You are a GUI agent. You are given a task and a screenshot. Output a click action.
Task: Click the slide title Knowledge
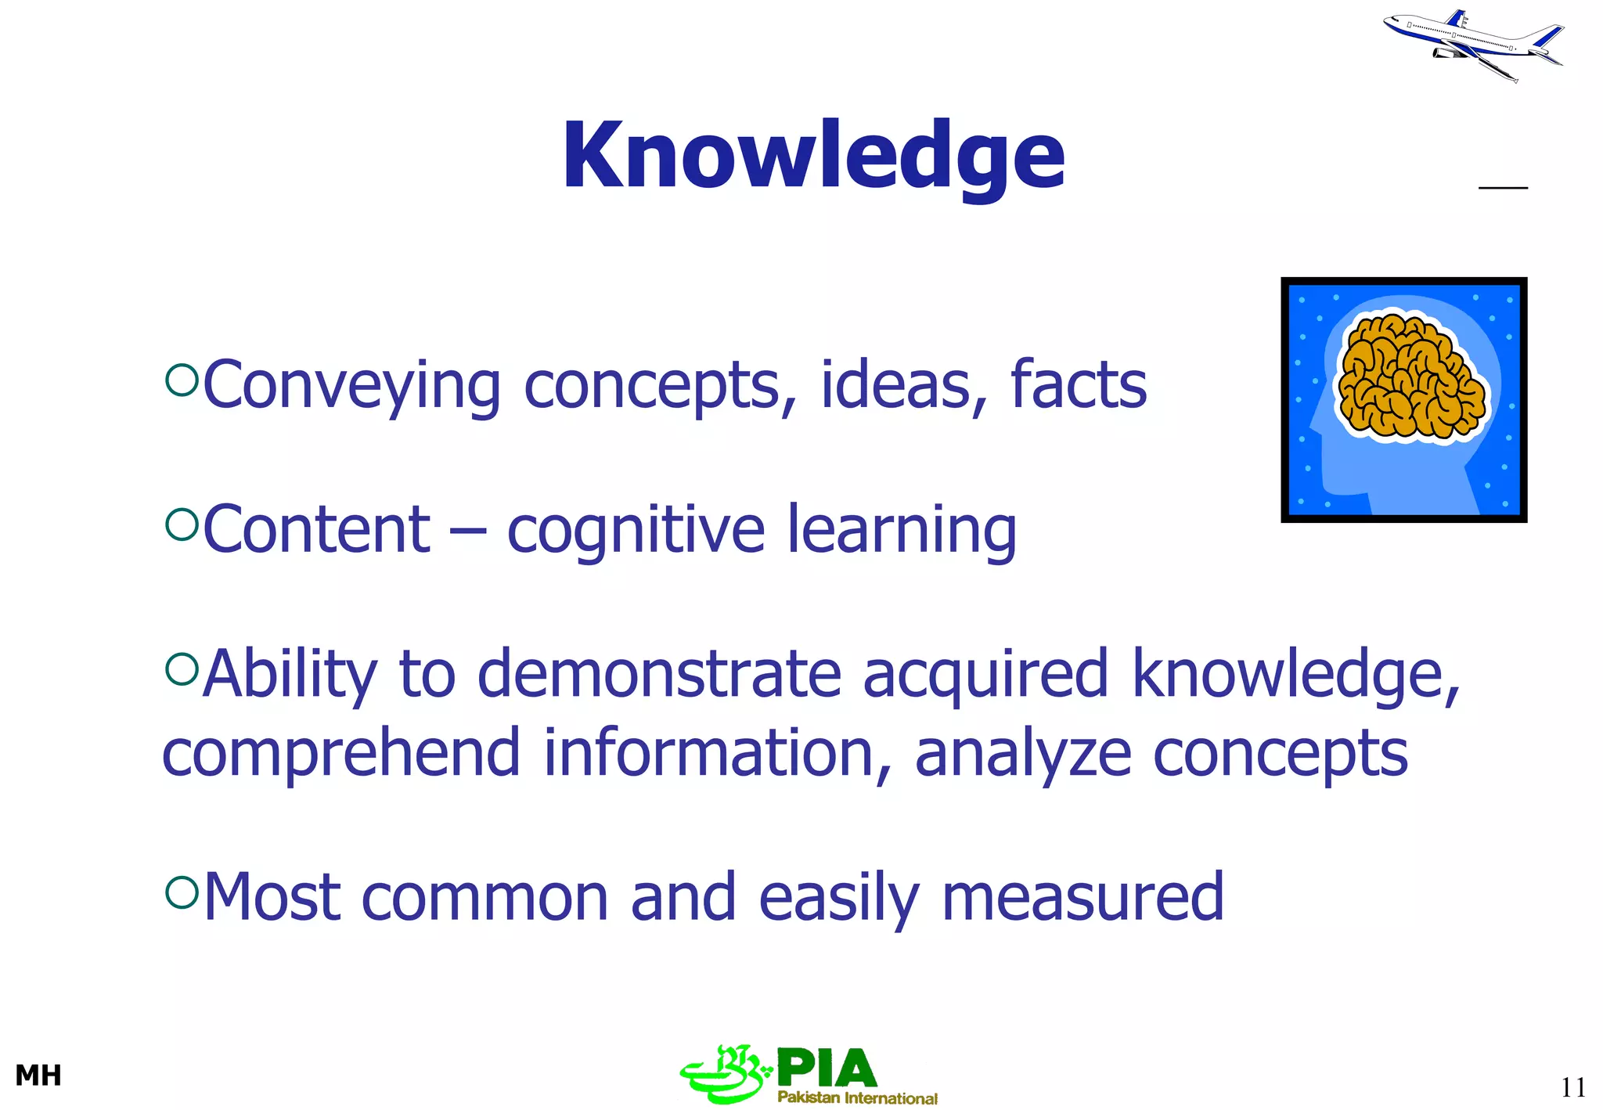pyautogui.click(x=813, y=157)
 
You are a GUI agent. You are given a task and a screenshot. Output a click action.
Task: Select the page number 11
pyautogui.click(x=1572, y=1087)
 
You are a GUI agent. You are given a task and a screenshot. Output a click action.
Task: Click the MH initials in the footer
pyautogui.click(x=38, y=1076)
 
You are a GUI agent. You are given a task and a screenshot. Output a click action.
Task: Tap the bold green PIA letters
pyautogui.click(x=827, y=1069)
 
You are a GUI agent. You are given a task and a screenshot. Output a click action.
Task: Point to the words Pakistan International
pyautogui.click(x=857, y=1097)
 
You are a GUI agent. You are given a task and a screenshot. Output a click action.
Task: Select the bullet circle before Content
pyautogui.click(x=182, y=524)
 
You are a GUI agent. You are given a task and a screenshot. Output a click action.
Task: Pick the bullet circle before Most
pyautogui.click(x=182, y=892)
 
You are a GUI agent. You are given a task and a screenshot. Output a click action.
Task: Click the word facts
pyautogui.click(x=1078, y=385)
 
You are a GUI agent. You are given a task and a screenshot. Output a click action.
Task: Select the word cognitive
pyautogui.click(x=635, y=531)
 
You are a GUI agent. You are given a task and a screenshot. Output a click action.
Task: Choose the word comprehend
pyautogui.click(x=341, y=754)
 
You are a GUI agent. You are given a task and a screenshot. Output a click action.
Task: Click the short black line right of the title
pyautogui.click(x=1503, y=188)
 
